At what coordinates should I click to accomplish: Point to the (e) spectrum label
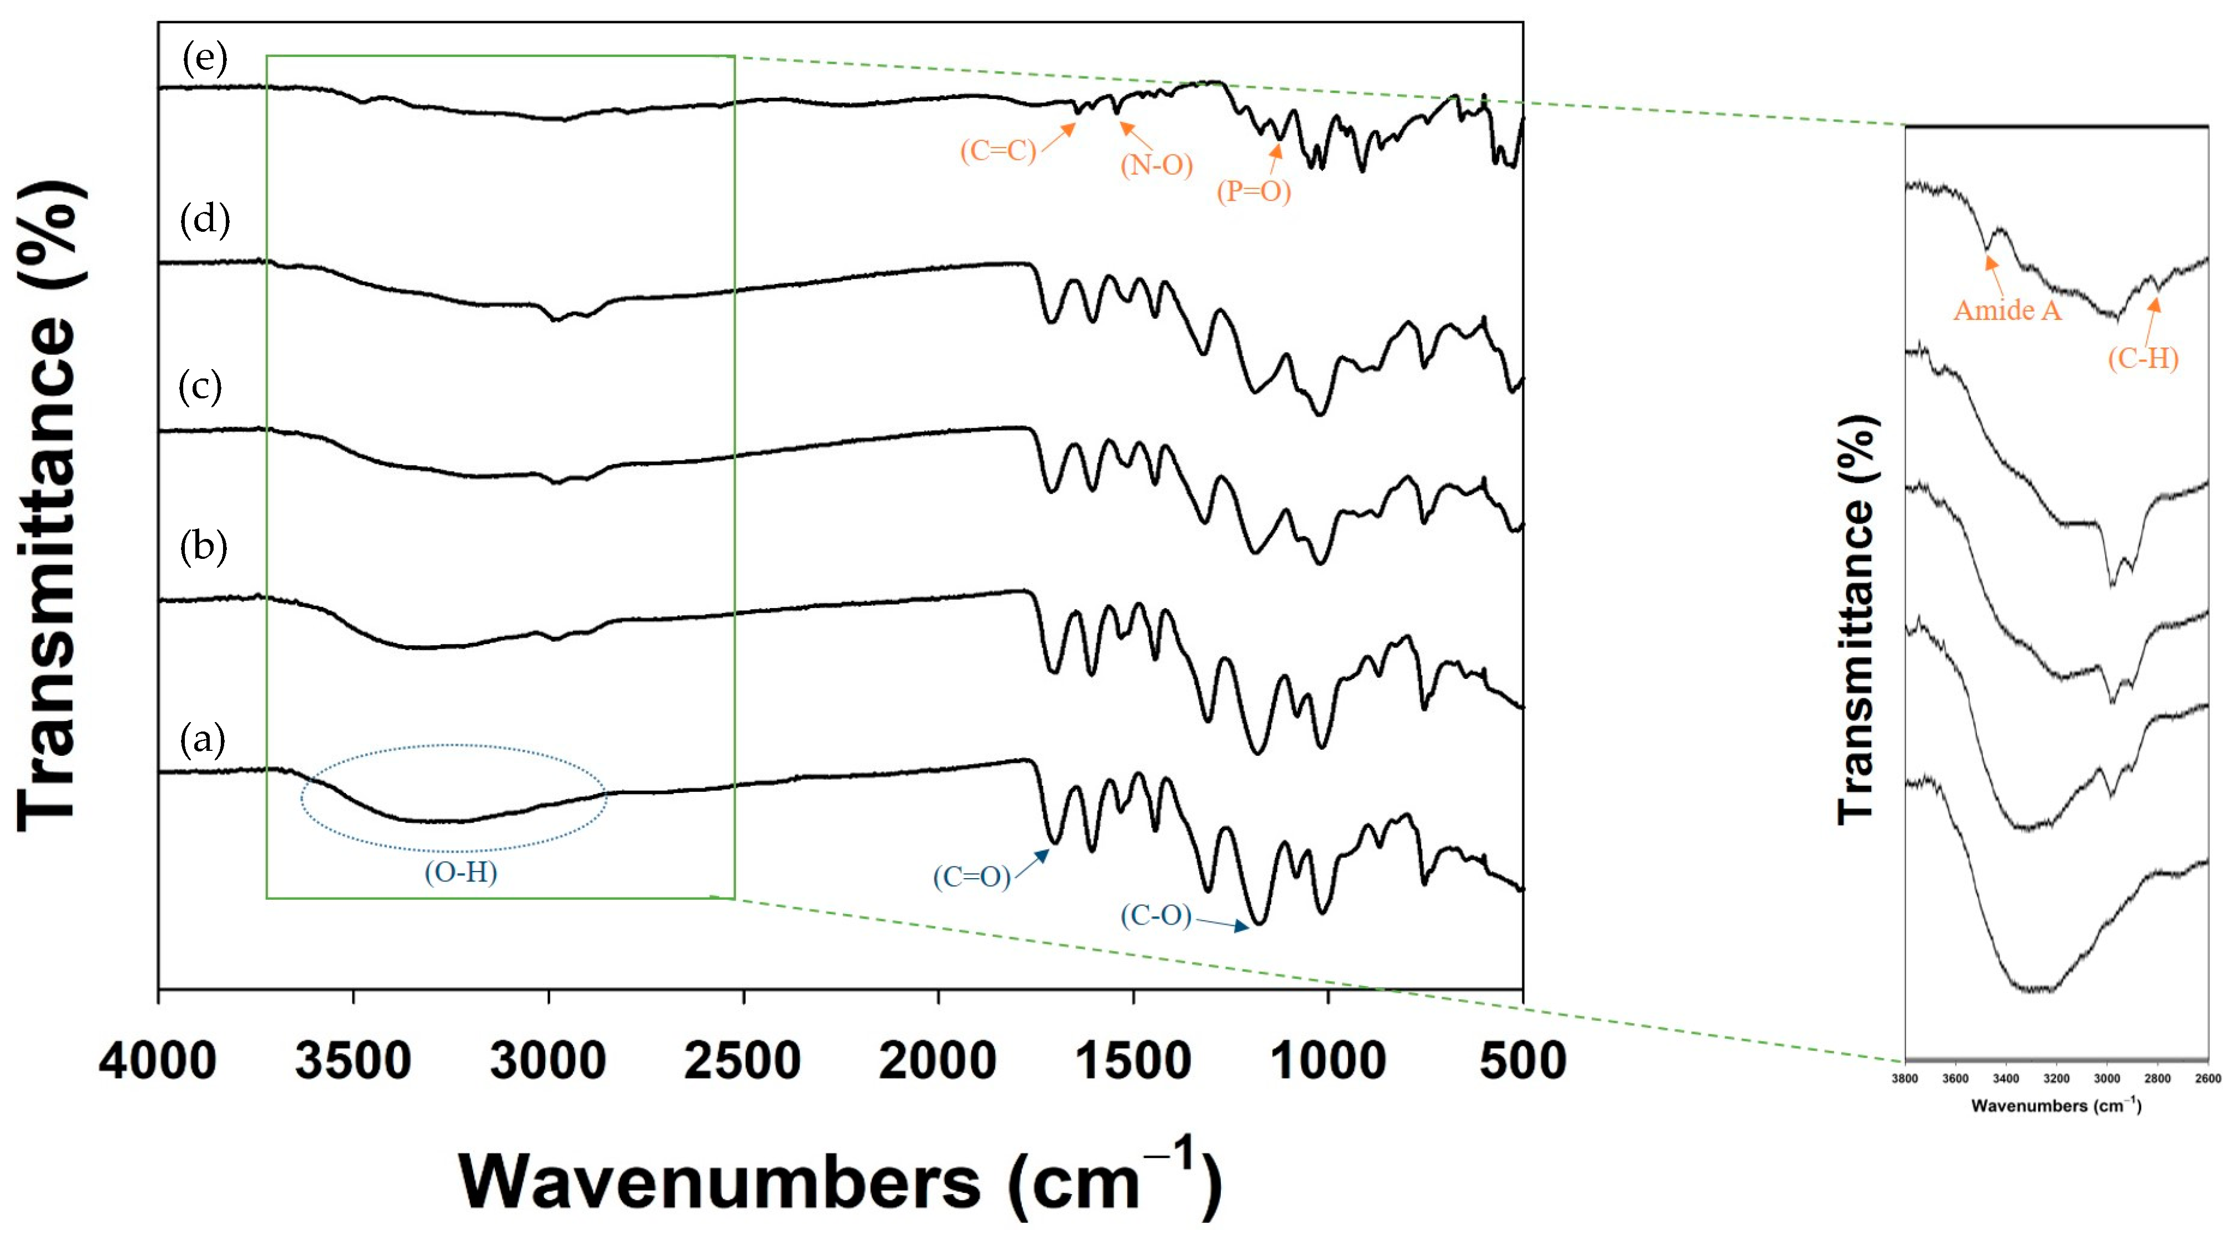(204, 58)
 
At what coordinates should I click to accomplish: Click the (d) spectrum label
(204, 219)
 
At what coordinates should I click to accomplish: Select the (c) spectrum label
(200, 386)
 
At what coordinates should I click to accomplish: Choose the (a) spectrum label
(203, 739)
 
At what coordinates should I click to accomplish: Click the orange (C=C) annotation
(998, 151)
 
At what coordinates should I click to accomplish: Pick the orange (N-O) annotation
(1156, 164)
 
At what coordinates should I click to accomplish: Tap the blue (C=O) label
(971, 877)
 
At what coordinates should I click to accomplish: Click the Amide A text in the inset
(2007, 310)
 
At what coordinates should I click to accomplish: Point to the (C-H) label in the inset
(2143, 358)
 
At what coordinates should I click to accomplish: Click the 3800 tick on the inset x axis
(1904, 1078)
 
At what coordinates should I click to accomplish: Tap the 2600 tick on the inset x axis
(2208, 1078)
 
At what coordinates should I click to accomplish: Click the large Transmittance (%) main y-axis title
(50, 507)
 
